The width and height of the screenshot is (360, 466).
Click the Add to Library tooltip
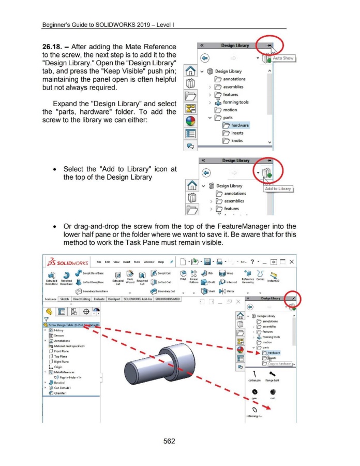point(278,188)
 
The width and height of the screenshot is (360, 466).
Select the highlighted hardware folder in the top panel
point(238,125)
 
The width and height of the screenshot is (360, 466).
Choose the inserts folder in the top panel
point(236,133)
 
